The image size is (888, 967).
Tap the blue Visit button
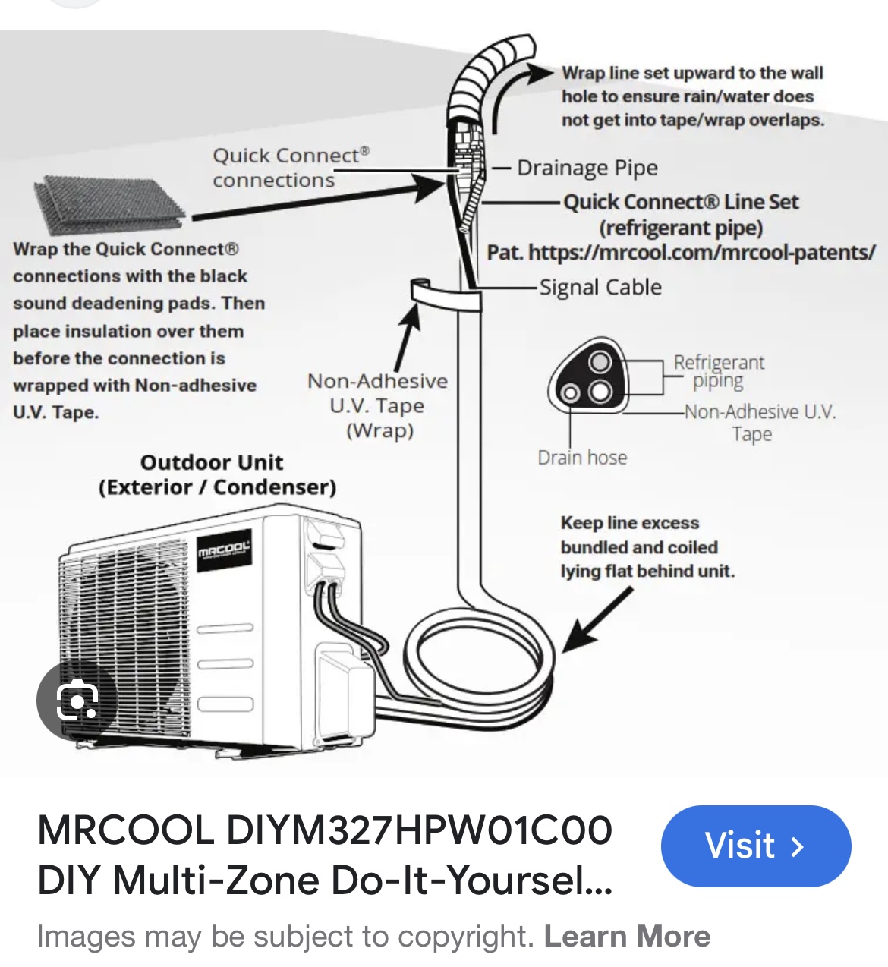[x=755, y=846]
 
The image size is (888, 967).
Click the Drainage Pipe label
[x=587, y=168]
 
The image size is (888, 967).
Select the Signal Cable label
[x=600, y=287]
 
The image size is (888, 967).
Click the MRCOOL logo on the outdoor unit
[x=223, y=549]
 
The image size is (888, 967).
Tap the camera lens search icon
[x=77, y=700]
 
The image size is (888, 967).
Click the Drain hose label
[x=582, y=458]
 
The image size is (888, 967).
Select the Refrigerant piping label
[x=719, y=371]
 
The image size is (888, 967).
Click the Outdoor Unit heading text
[x=216, y=474]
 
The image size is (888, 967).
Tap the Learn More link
[x=627, y=936]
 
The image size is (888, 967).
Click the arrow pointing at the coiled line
[x=597, y=620]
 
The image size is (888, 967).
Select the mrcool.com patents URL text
[x=701, y=252]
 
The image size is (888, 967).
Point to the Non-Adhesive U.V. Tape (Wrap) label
[x=378, y=405]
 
